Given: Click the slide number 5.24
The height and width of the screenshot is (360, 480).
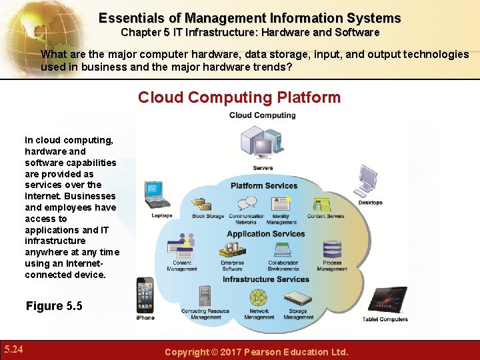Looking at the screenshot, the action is click(x=14, y=349).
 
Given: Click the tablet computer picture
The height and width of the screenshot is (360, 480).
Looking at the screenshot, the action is click(x=386, y=301).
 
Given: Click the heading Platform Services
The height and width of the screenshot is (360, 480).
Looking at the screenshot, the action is click(x=263, y=185).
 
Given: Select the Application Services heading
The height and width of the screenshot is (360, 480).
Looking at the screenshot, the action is click(x=265, y=234).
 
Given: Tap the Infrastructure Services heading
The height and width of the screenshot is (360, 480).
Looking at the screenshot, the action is click(x=265, y=279).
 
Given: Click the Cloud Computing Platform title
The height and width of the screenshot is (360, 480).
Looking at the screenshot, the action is click(x=239, y=98).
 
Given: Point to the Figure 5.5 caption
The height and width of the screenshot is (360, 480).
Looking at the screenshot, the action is click(x=54, y=306).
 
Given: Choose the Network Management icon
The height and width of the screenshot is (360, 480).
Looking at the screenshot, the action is click(x=258, y=297).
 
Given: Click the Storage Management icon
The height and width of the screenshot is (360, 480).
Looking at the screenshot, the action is click(x=297, y=298).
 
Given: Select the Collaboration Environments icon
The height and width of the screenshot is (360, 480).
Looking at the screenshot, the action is click(x=283, y=250).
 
